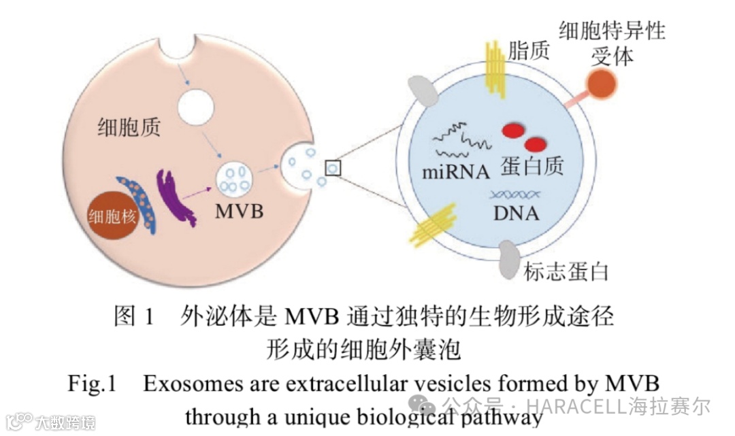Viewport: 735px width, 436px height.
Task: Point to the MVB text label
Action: tap(239, 211)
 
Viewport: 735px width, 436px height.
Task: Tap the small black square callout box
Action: tap(333, 167)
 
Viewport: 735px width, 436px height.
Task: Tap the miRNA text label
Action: tap(455, 172)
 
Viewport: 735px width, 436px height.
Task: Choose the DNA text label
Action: tap(516, 214)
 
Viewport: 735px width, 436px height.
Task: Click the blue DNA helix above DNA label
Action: tap(515, 195)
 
